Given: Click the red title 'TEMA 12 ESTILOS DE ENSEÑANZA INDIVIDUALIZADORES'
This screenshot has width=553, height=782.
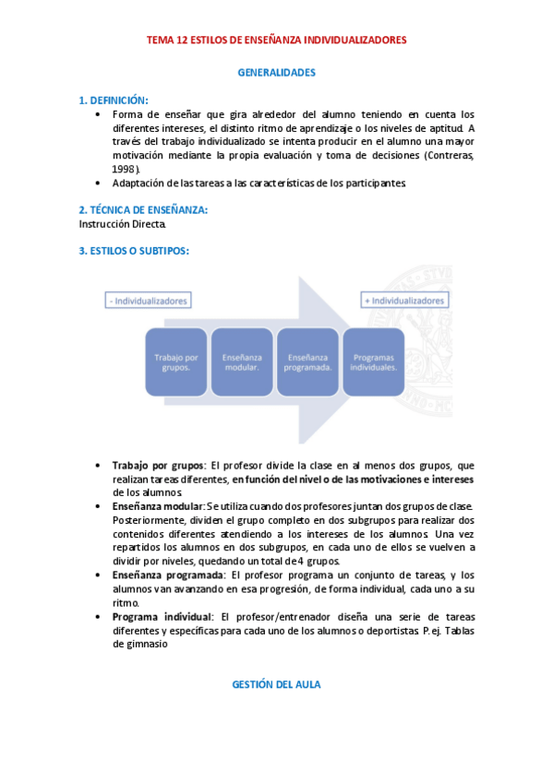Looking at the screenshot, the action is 276,41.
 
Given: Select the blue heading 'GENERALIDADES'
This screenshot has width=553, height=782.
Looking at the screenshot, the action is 276,71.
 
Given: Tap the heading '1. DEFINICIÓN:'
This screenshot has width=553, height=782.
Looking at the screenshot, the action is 114,100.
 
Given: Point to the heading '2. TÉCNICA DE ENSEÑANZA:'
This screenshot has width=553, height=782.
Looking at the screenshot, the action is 143,210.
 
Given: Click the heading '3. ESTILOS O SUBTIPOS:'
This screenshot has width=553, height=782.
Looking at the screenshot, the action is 134,251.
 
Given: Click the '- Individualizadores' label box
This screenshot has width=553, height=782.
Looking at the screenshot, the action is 148,301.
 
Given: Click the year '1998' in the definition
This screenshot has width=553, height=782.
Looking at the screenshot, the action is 126,169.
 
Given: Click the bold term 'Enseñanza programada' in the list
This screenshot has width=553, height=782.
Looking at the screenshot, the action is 166,575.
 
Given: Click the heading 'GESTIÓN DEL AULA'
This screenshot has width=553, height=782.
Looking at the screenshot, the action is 276,684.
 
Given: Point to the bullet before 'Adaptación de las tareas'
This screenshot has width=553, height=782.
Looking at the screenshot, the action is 99,183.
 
